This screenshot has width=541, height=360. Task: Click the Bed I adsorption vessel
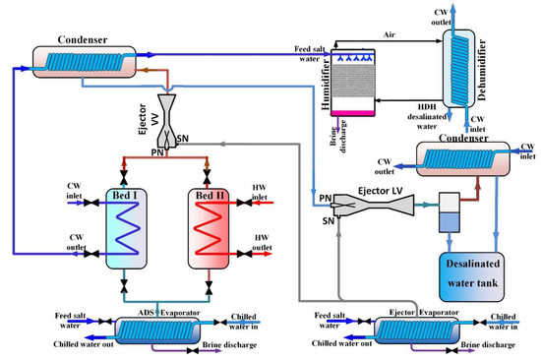(126, 228)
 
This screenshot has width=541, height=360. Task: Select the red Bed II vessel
(209, 228)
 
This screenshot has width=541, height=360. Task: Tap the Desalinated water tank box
(471, 276)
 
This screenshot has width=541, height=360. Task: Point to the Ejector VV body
(167, 121)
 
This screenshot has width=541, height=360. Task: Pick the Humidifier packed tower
(352, 83)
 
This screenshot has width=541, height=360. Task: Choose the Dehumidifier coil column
(459, 68)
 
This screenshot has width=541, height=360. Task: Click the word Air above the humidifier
(390, 34)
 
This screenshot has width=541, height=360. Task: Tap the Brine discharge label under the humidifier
(338, 136)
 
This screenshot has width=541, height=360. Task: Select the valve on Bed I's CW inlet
(91, 203)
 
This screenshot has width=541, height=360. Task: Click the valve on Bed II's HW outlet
(245, 254)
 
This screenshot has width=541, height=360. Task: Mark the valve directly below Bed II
(209, 287)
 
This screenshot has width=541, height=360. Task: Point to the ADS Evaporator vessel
(157, 330)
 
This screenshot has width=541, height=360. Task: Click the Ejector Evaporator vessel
(417, 330)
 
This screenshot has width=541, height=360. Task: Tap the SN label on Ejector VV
(183, 139)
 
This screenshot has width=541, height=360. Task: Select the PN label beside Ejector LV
(326, 198)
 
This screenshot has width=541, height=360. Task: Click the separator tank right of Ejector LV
(450, 212)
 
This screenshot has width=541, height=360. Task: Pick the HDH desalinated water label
(427, 117)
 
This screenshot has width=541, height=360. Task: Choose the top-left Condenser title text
(83, 39)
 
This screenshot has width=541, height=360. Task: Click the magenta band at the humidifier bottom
(352, 113)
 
